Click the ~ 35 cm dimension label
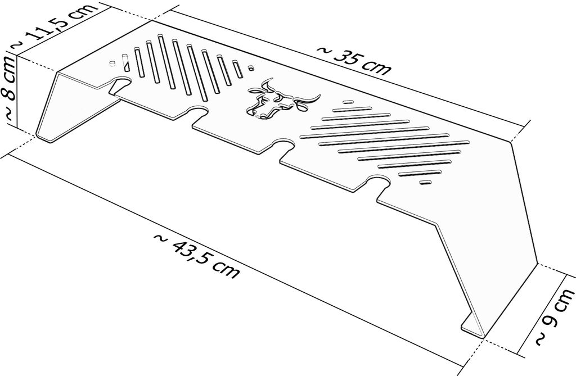point(354,60)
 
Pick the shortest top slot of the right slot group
point(348,102)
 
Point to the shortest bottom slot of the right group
point(425,182)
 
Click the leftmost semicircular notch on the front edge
point(121,83)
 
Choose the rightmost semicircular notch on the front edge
point(379,182)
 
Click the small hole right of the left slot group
point(251,68)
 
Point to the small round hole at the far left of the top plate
point(112,63)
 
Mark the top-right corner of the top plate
point(512,141)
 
